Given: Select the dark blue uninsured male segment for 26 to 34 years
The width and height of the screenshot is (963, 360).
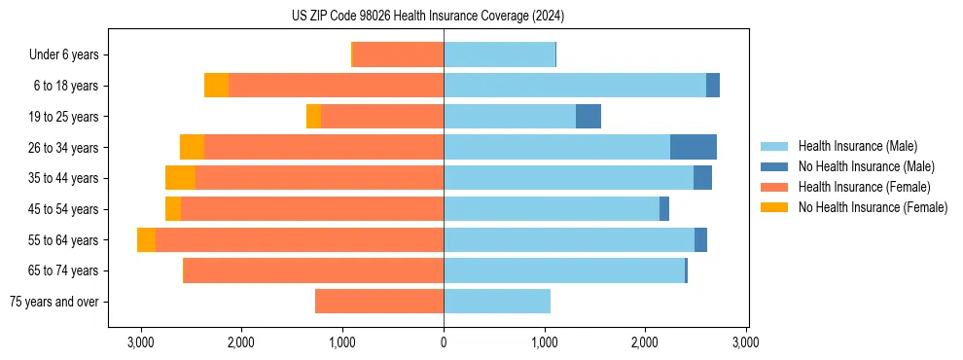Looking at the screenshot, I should click(x=694, y=147).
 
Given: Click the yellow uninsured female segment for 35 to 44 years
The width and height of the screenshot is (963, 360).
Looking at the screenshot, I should click(x=180, y=178).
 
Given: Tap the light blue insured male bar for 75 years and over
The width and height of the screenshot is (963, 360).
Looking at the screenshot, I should click(x=497, y=302).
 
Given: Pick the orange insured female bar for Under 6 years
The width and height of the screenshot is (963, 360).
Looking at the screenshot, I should click(x=398, y=54).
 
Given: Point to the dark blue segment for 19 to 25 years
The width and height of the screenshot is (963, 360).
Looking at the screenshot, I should click(x=588, y=117).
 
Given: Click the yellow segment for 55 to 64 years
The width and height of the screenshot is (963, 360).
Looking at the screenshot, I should click(x=146, y=239).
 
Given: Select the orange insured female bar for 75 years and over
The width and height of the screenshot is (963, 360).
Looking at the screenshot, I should click(x=379, y=302).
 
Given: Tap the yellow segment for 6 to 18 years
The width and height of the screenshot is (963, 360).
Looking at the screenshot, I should click(x=216, y=86).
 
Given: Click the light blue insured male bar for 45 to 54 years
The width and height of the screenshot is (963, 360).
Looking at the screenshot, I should click(x=552, y=209).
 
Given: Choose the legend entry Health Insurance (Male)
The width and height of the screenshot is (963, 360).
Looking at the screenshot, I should click(x=857, y=146).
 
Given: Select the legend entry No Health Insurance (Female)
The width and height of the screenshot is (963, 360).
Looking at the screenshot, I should click(x=872, y=207).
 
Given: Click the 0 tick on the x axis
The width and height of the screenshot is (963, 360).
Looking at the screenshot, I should click(x=444, y=342).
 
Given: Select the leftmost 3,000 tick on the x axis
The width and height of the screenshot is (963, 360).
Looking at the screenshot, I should click(x=141, y=342).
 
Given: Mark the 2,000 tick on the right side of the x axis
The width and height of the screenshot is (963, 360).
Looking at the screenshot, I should click(x=645, y=342).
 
